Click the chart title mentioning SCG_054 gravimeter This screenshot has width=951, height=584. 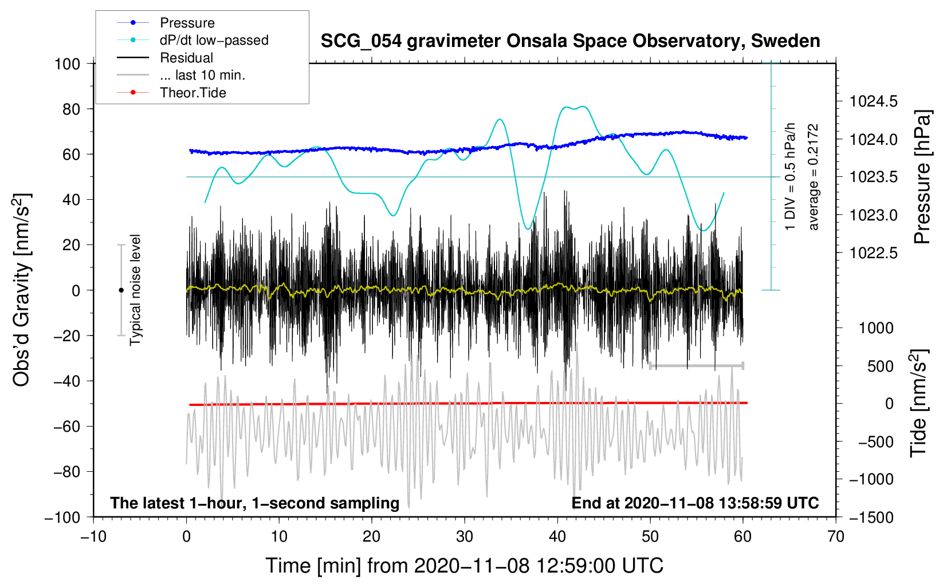(570, 41)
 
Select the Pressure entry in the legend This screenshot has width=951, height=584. (166, 22)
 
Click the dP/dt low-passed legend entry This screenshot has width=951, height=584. (192, 40)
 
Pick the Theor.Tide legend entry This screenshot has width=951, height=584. (171, 93)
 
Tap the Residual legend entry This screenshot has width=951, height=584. (165, 58)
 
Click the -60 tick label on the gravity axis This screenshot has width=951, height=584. (66, 426)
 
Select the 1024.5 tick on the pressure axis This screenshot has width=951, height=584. (874, 101)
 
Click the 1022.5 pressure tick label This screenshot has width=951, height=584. (874, 253)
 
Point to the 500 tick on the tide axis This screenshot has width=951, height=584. (881, 366)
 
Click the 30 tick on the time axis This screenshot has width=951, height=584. (465, 536)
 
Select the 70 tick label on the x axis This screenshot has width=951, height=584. (835, 536)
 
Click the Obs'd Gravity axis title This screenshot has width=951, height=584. (22, 290)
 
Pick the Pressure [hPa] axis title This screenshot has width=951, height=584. (922, 177)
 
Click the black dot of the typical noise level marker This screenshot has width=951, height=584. (121, 290)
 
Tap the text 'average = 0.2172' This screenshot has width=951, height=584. (813, 177)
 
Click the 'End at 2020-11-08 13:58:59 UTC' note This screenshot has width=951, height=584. (695, 503)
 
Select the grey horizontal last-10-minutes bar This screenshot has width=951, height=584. (696, 365)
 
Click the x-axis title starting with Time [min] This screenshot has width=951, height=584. (465, 566)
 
